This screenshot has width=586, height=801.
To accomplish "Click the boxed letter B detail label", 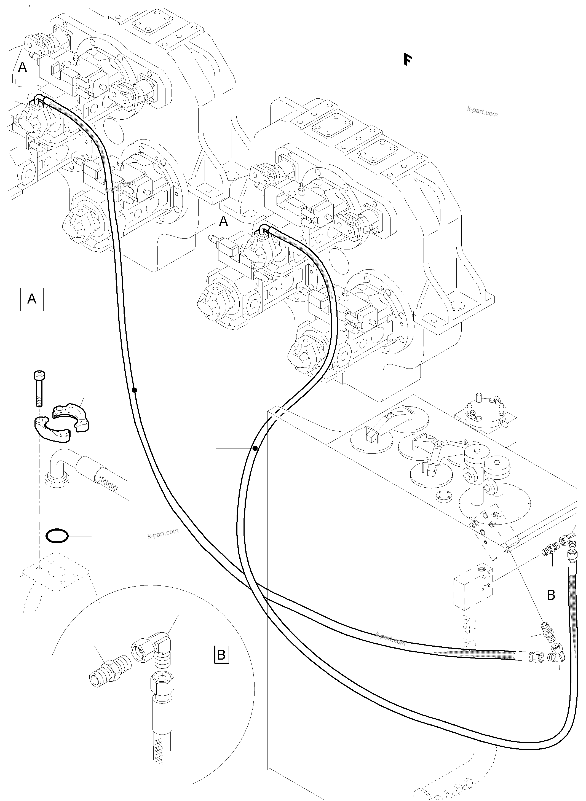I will pos(221,654).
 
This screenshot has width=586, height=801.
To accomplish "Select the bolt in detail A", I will pos(38,388).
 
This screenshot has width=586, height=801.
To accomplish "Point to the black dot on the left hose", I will pos(134,390).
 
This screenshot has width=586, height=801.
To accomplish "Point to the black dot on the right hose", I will pos(255,448).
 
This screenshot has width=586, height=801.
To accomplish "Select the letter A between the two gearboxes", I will pos(223,222).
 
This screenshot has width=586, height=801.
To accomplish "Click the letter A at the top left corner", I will pos(22,67).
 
